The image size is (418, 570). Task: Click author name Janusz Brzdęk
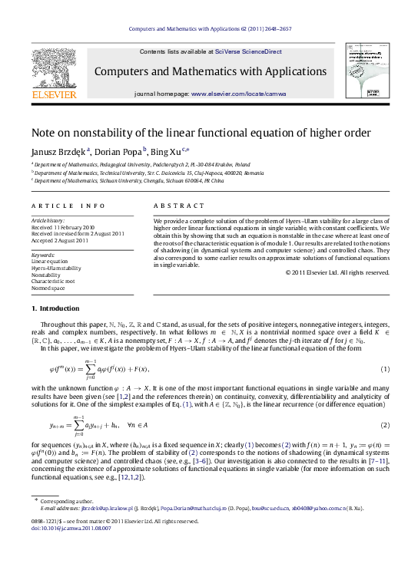[58, 151]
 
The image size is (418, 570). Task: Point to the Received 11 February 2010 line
[63, 228]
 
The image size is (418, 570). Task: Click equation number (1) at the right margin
[385, 370]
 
